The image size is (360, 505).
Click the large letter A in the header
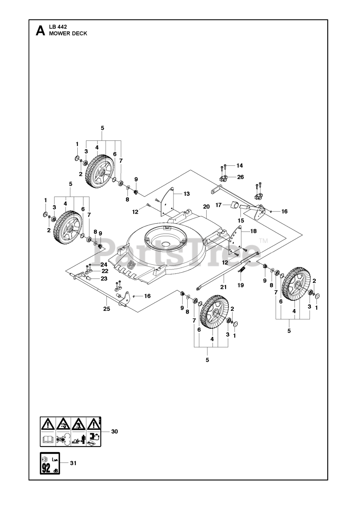[40, 31]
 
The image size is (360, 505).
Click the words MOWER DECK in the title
[68, 34]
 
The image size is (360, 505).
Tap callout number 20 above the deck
[206, 207]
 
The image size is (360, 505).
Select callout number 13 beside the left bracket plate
[187, 193]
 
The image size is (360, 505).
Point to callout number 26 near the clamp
[241, 177]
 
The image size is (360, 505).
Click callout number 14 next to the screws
[240, 165]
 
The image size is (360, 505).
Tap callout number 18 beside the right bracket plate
[253, 231]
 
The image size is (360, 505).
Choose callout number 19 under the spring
[241, 285]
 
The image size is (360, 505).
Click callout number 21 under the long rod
[224, 287]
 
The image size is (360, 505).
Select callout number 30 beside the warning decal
[114, 431]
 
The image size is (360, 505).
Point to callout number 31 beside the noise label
[73, 463]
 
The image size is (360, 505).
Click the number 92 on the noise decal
[46, 469]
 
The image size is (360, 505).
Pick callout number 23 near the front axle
[104, 279]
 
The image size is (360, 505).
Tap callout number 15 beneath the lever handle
[241, 220]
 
